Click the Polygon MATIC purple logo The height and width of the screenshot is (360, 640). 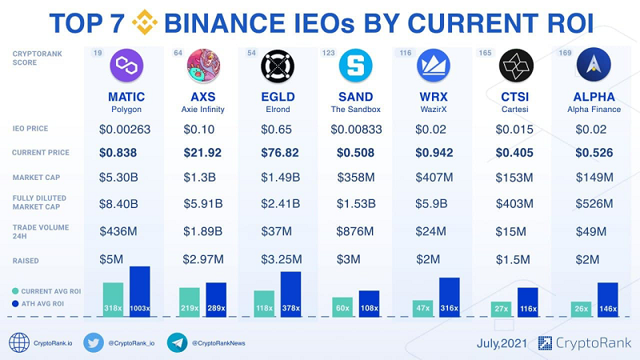(126, 65)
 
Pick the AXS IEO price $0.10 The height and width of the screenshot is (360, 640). (198, 129)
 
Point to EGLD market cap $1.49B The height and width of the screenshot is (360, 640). (281, 178)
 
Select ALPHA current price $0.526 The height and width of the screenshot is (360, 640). (593, 153)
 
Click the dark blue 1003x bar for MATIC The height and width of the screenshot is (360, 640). (139, 292)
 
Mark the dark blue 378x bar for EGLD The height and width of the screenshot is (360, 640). (290, 294)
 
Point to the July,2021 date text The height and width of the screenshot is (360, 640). (502, 343)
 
